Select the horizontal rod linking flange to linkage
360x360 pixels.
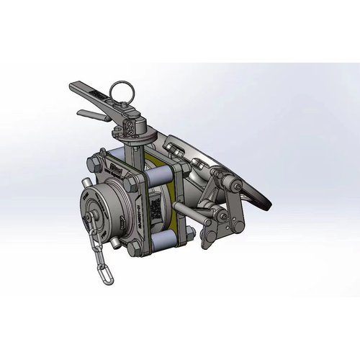(191, 212)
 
